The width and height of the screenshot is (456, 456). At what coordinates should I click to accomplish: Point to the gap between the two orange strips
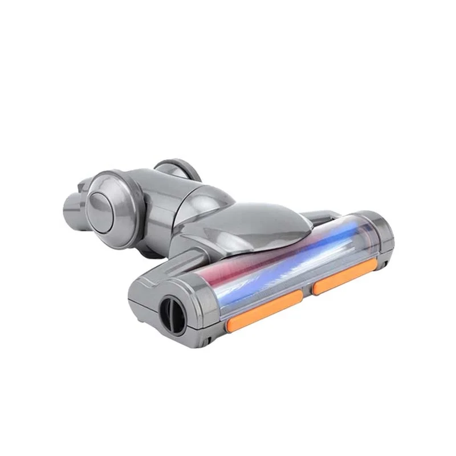point(307,292)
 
